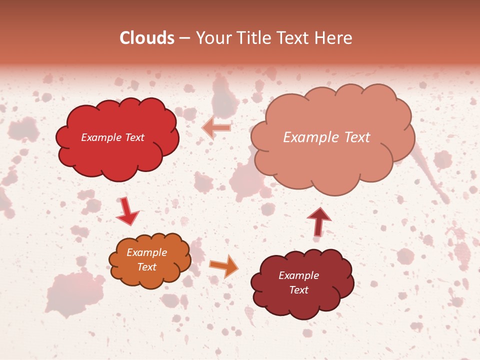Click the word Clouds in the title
pyautogui.click(x=147, y=38)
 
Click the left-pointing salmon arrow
pyautogui.click(x=216, y=128)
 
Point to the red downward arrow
pyautogui.click(x=127, y=211)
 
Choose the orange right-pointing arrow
pyautogui.click(x=224, y=265)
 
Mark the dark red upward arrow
pyautogui.click(x=318, y=221)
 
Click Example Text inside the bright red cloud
pyautogui.click(x=112, y=137)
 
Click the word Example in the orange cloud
pyautogui.click(x=146, y=252)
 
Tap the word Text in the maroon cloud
pyautogui.click(x=298, y=290)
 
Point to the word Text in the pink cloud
pyautogui.click(x=357, y=137)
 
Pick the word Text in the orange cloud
pyautogui.click(x=146, y=267)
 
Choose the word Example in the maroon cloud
pyautogui.click(x=298, y=275)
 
